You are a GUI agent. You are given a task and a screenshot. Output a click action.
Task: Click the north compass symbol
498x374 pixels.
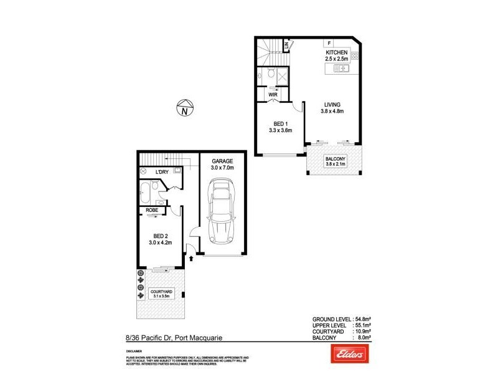click(x=185, y=108)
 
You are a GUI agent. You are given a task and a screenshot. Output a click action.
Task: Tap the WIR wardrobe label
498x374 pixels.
click(x=273, y=94)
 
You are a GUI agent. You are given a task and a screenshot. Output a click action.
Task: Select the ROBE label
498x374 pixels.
click(x=151, y=211)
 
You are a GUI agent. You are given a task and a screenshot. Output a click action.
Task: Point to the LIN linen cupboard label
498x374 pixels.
click(x=286, y=45)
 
